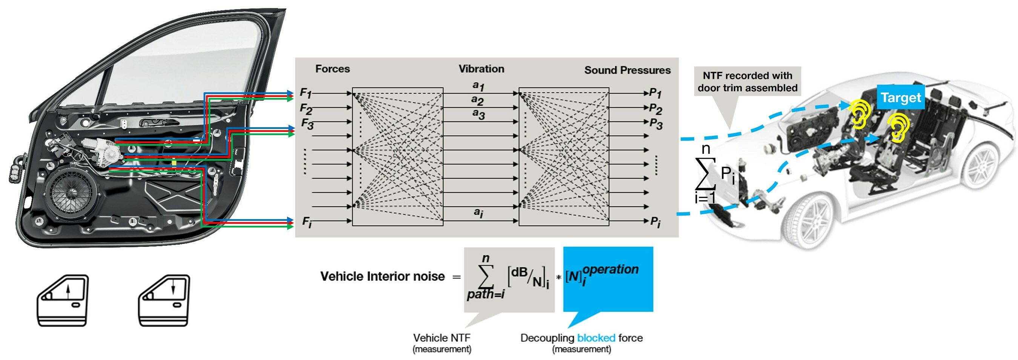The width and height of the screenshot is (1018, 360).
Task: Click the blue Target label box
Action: [901, 97]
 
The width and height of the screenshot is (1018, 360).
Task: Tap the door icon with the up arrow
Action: [63, 300]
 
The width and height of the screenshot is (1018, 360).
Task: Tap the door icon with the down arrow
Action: [164, 300]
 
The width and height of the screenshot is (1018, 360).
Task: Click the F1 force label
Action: [305, 93]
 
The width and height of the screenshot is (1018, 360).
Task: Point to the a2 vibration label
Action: [477, 100]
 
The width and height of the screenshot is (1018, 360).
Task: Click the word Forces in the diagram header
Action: [332, 69]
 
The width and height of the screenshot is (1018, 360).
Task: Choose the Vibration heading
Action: [481, 69]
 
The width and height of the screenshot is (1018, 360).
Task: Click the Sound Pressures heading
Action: [627, 70]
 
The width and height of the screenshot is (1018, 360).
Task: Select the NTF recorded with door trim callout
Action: [747, 82]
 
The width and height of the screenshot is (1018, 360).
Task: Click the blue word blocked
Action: [596, 338]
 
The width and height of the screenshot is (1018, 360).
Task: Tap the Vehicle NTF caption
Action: [442, 338]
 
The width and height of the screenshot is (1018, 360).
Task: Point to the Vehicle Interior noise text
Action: [382, 276]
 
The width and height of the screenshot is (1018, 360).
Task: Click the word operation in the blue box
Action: [610, 270]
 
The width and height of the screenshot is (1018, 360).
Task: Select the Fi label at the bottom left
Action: [307, 222]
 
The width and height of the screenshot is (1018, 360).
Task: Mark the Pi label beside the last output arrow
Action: [655, 222]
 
